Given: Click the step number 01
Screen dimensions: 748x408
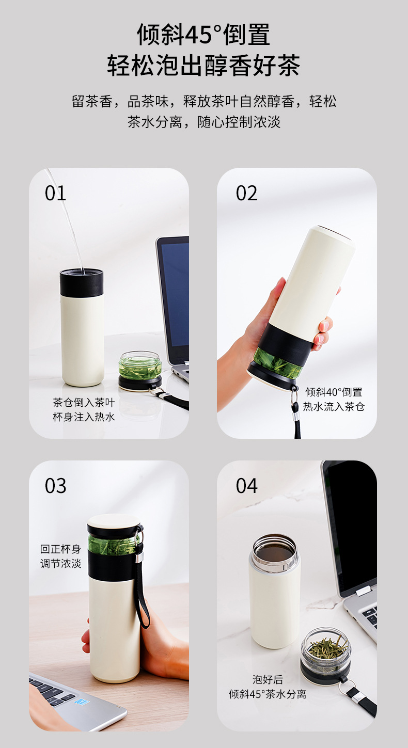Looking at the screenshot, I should pos(55,193).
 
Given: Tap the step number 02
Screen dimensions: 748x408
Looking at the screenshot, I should pos(246,193).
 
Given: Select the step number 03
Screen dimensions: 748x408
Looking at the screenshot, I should pos(55,486).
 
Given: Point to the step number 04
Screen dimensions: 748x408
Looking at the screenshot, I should pos(246,486).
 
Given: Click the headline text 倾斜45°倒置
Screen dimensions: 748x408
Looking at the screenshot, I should pos(203,35).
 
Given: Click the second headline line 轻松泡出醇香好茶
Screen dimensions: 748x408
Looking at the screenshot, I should pos(203,66).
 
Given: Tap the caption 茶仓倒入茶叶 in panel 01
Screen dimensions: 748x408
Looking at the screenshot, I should pos(84,403).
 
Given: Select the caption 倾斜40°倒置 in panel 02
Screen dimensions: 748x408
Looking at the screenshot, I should pos(334,392).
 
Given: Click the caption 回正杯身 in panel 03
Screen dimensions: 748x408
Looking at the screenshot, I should pos(61,549).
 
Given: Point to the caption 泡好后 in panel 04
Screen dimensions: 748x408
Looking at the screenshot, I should pos(268,680).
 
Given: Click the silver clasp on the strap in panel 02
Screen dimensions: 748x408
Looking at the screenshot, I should pos(294,403).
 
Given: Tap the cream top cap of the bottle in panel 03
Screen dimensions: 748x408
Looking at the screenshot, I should pos(113,520).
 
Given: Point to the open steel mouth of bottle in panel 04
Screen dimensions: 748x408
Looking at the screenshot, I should pos(274,552).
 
